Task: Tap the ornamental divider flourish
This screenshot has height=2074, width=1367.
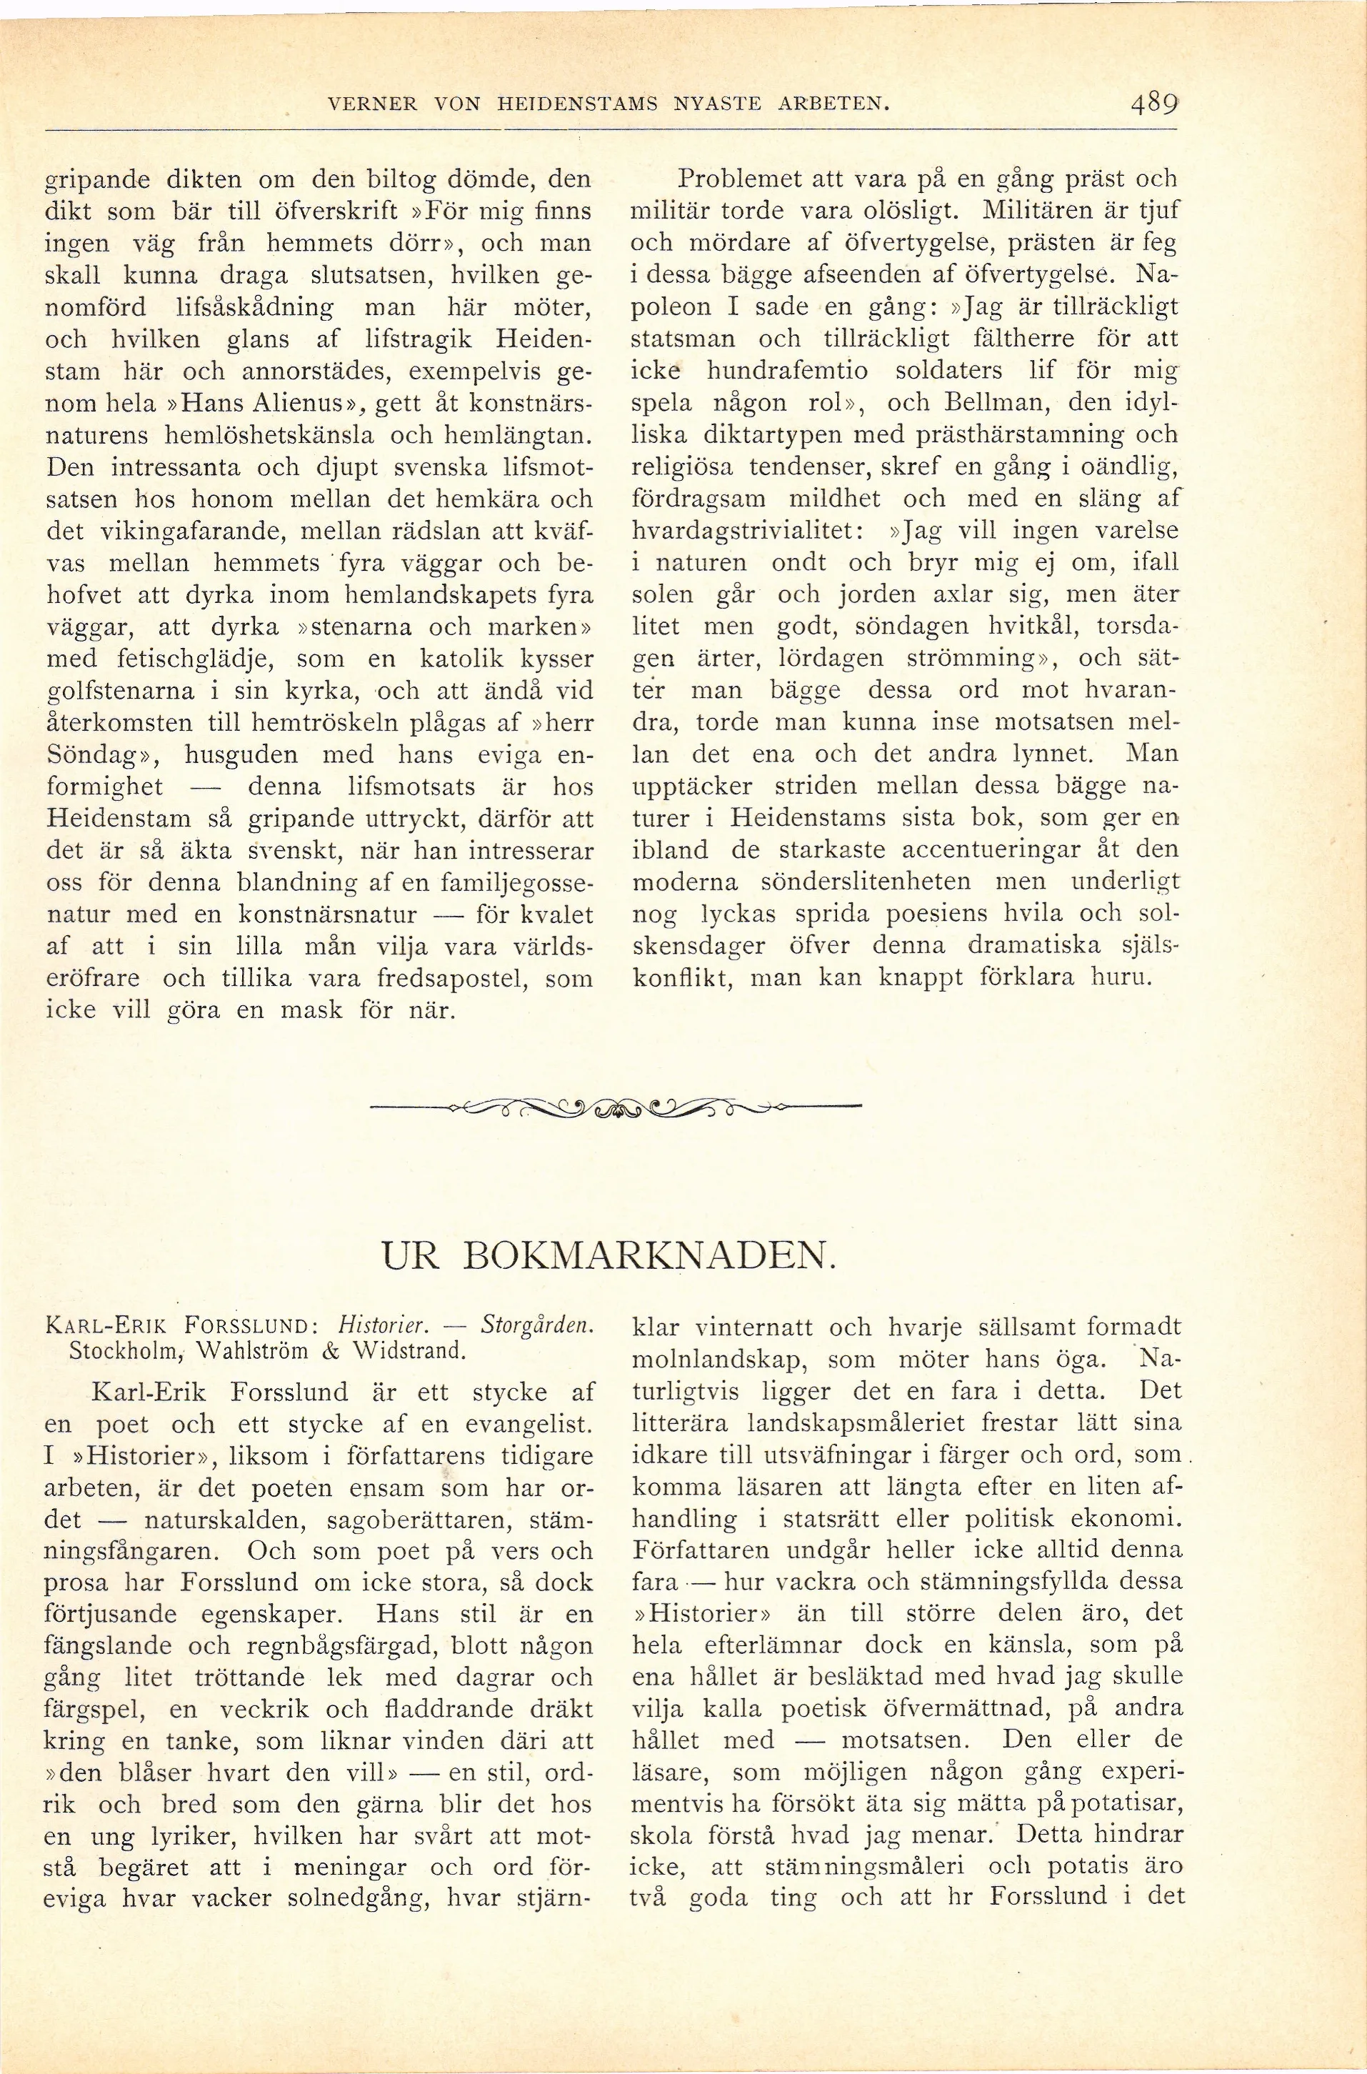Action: tap(616, 1109)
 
